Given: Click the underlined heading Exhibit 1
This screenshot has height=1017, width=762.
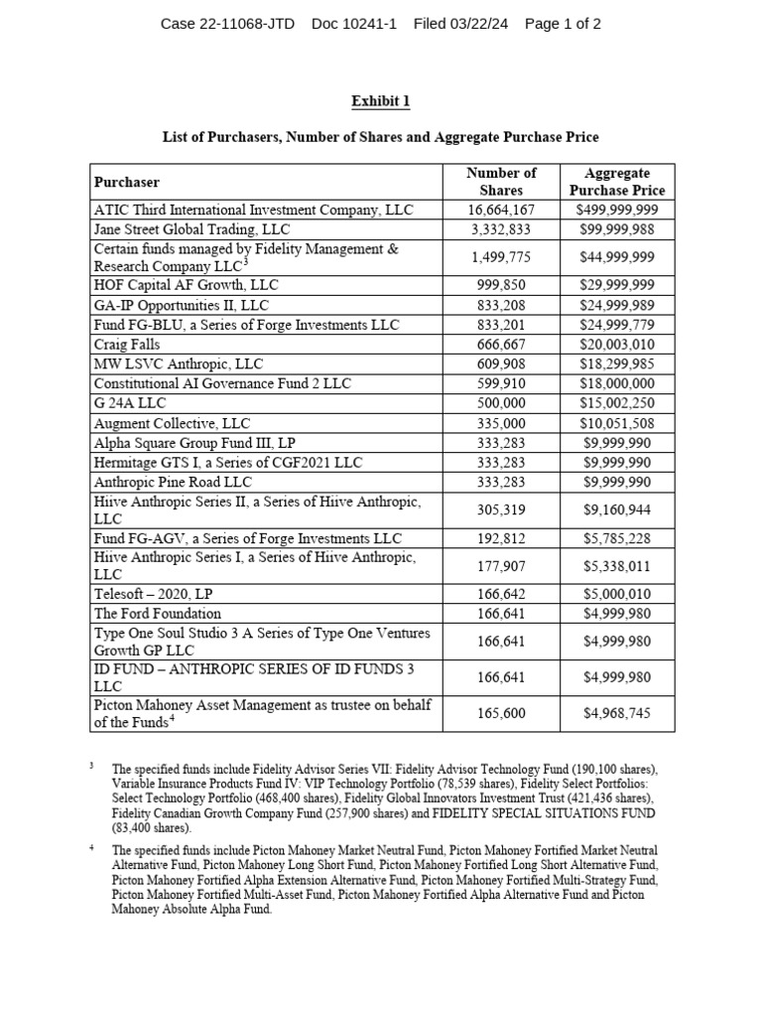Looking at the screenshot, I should [381, 101].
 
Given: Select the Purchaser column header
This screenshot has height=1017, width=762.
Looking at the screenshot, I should [126, 182].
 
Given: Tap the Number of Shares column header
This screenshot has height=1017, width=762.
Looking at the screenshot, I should [501, 182].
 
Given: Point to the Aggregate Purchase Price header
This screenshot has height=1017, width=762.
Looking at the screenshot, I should [617, 182].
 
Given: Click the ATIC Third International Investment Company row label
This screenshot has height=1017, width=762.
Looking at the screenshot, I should [253, 210].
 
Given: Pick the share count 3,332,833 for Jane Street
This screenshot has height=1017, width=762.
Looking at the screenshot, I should [501, 229].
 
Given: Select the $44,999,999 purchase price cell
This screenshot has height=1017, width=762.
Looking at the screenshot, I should [617, 257].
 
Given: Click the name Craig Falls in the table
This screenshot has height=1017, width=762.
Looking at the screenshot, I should [126, 345].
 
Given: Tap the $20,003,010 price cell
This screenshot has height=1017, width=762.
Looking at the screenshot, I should [617, 345].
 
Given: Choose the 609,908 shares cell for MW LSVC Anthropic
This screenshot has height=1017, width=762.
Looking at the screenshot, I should [501, 364].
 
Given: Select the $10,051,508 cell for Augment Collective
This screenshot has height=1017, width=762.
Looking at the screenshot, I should [617, 423].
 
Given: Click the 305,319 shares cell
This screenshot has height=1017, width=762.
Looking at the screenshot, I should [501, 509].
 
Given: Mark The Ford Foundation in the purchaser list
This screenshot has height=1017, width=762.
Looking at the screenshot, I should [158, 613].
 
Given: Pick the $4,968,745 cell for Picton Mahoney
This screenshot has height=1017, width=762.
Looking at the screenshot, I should [617, 713].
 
